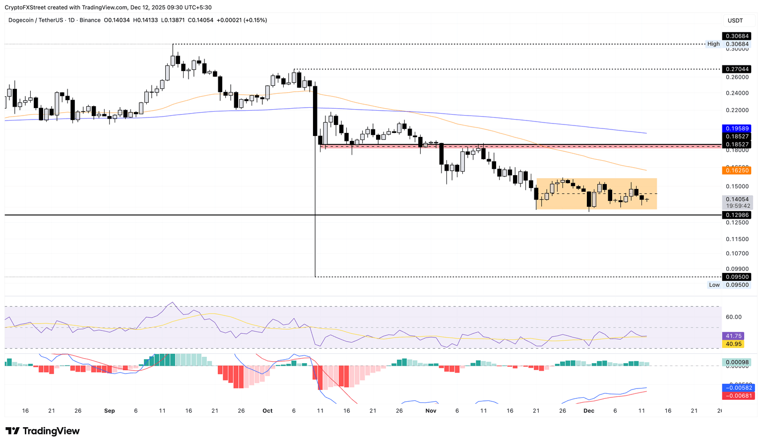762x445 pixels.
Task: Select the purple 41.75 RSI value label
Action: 734,336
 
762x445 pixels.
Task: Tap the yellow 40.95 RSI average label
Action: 734,344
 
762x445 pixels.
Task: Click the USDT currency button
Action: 735,20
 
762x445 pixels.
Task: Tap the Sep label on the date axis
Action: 110,411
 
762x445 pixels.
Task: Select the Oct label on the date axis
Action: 267,411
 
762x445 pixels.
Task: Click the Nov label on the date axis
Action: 431,411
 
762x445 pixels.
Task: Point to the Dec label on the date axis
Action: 589,411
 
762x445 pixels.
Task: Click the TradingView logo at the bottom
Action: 43,431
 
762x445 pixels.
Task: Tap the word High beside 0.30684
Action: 713,44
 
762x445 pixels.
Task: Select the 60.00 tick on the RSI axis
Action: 734,317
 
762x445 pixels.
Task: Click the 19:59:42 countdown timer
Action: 738,205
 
